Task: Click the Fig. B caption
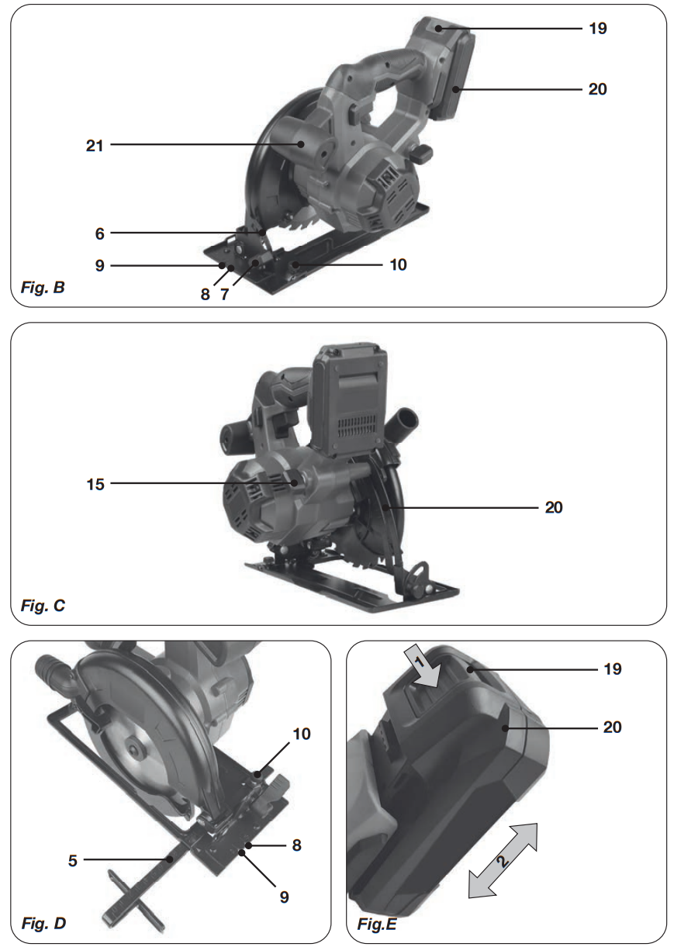(43, 289)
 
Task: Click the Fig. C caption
(43, 606)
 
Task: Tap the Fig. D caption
(43, 923)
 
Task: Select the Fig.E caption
(378, 924)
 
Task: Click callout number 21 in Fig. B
(95, 144)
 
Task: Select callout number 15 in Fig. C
(95, 483)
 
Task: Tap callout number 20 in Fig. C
(553, 508)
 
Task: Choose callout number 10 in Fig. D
(302, 733)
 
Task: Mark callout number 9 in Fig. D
(284, 896)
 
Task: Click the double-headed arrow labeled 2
(503, 859)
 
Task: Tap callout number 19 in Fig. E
(613, 669)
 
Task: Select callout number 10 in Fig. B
(398, 264)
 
